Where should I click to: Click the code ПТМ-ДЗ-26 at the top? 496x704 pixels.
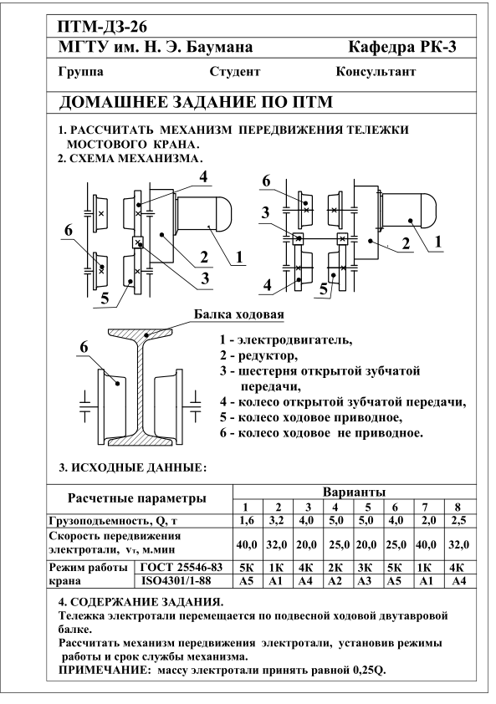click(102, 27)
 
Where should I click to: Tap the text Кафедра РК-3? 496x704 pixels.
click(402, 47)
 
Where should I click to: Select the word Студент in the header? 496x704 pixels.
click(234, 72)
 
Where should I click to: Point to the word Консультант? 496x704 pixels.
click(376, 72)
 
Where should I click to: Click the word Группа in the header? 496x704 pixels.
click(81, 72)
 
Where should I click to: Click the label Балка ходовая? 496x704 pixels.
click(239, 314)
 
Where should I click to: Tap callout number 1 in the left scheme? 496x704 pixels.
click(239, 257)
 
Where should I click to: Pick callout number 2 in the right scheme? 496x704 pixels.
click(406, 243)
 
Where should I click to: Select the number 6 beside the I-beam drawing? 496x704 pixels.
click(84, 347)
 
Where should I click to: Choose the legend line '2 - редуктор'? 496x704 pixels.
click(258, 356)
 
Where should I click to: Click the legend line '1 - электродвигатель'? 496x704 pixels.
click(286, 340)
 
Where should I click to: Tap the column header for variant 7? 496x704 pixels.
click(425, 508)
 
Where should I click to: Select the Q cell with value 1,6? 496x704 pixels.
click(246, 520)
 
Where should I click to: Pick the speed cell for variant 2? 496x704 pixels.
click(277, 544)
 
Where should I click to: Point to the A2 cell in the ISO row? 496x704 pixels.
click(335, 581)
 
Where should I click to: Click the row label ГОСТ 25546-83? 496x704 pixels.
click(182, 567)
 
